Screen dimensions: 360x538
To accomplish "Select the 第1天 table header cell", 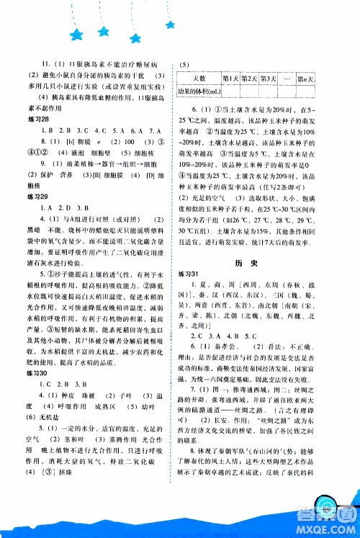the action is pyautogui.click(x=230, y=77).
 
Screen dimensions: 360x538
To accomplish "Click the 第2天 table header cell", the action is pyautogui.click(x=248, y=77).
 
